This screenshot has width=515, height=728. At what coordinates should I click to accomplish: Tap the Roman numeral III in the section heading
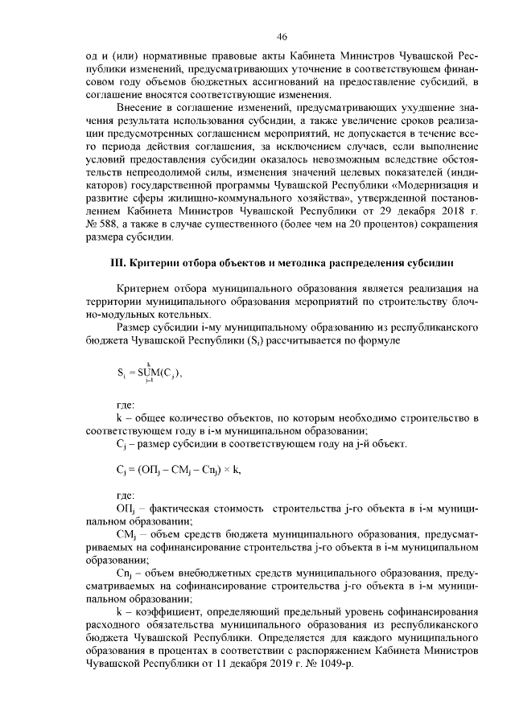118,262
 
